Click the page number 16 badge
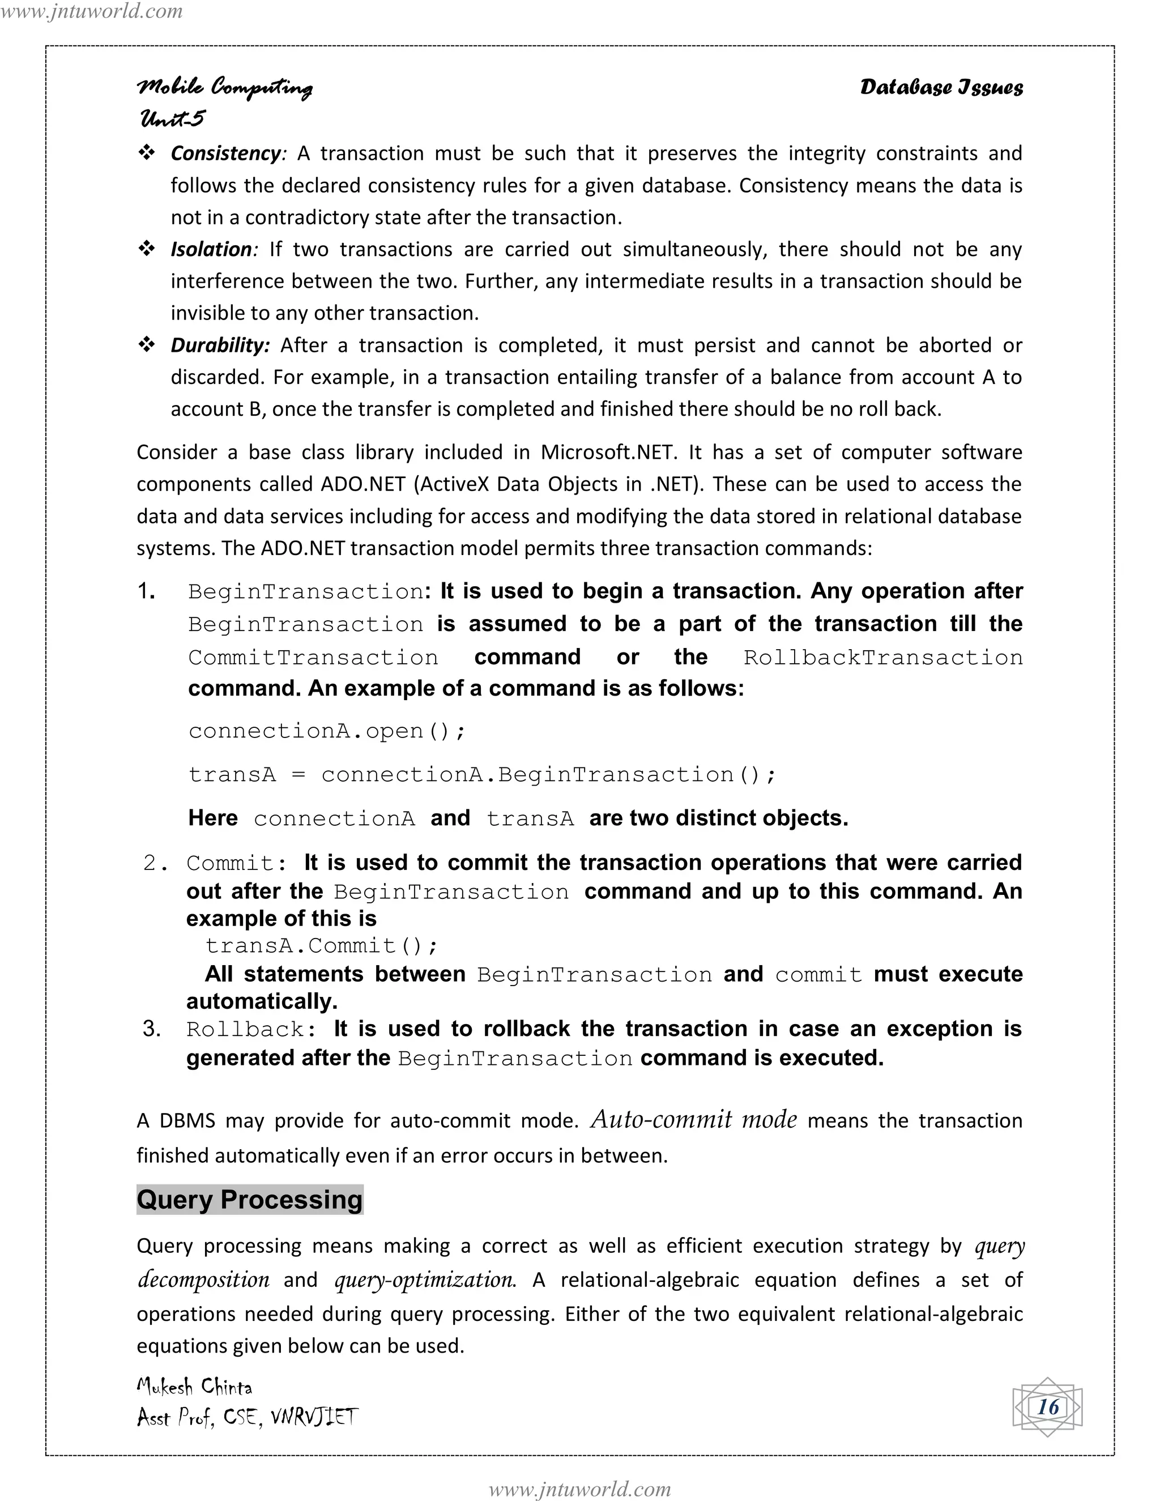[x=1047, y=1407]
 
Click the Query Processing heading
[x=249, y=1199]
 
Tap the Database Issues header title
[x=941, y=87]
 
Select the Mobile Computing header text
[x=225, y=87]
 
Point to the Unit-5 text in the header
[x=172, y=118]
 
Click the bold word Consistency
[x=225, y=153]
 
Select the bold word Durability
[x=220, y=345]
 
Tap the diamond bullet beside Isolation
[x=146, y=249]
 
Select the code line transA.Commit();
[x=321, y=946]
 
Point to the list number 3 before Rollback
[x=151, y=1028]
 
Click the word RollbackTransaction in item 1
[x=882, y=657]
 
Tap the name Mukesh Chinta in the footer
[x=194, y=1386]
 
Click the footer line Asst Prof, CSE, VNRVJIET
[x=247, y=1417]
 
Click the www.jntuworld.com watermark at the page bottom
[x=579, y=1489]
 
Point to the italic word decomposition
[x=203, y=1280]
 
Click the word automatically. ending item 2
[x=261, y=1001]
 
